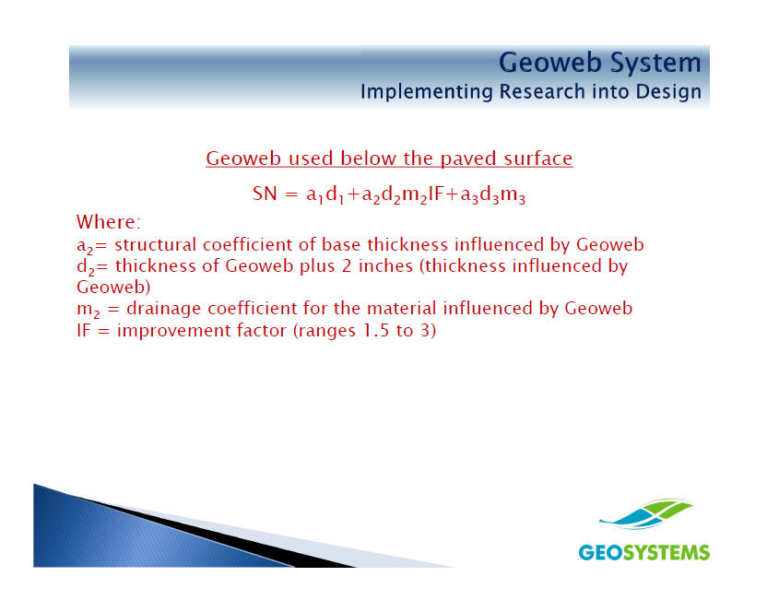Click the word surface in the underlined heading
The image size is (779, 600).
click(x=538, y=159)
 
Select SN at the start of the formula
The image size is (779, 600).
click(x=265, y=194)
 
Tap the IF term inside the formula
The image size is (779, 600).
click(x=435, y=194)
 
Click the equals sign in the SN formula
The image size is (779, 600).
click(x=291, y=194)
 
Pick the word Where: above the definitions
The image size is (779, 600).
click(x=109, y=221)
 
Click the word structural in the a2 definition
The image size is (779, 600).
click(x=156, y=245)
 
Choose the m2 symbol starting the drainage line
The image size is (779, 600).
click(x=89, y=310)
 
